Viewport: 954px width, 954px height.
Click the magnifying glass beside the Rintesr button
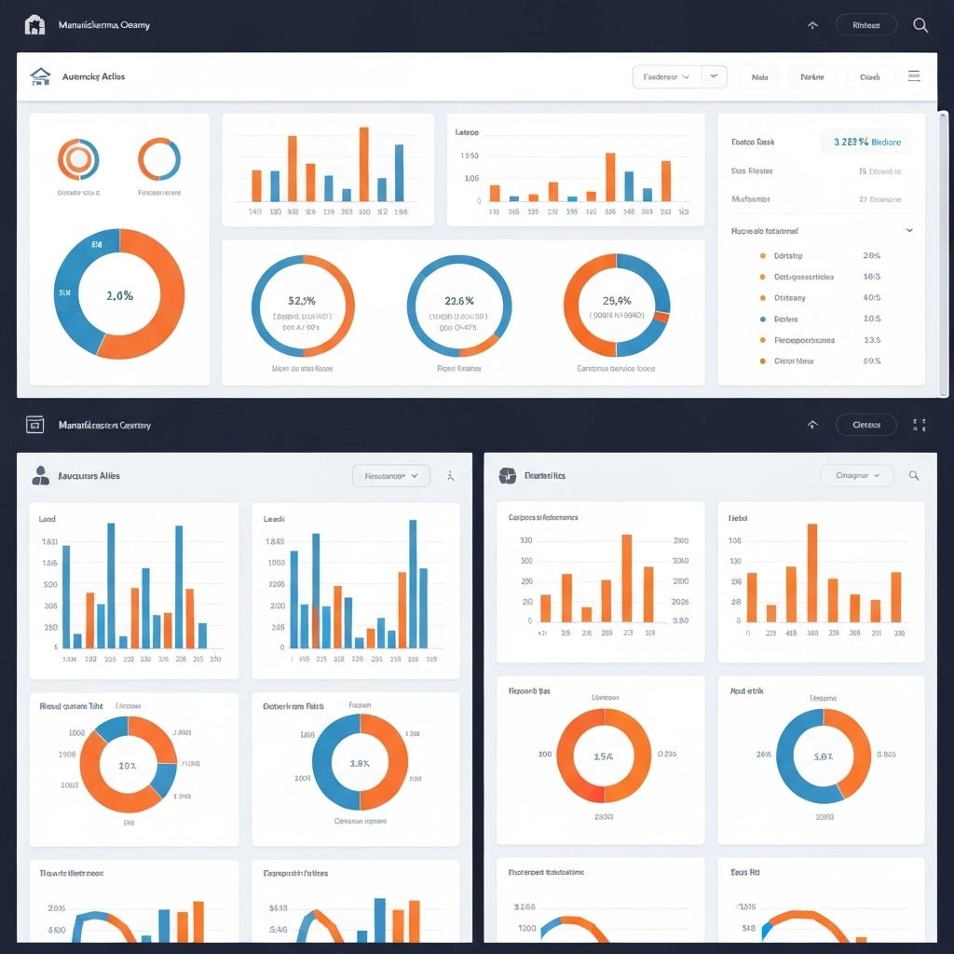(920, 25)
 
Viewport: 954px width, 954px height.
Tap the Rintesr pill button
(865, 25)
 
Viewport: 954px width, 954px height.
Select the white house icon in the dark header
(34, 25)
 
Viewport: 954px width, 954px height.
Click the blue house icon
(39, 76)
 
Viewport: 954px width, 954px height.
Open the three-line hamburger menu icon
(914, 76)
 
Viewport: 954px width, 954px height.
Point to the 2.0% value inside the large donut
(119, 295)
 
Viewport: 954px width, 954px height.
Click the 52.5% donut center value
(303, 301)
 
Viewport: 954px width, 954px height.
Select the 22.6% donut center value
(459, 301)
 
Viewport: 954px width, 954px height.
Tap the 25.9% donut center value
(616, 301)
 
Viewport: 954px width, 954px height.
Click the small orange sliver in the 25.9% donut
(662, 318)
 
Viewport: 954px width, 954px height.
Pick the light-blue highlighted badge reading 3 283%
(866, 142)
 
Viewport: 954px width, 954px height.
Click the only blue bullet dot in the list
(763, 319)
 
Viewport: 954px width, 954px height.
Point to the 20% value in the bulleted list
(872, 255)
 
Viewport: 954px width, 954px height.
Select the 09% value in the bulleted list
(872, 361)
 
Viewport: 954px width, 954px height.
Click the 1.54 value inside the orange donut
(604, 756)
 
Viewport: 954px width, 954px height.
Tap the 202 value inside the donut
(128, 765)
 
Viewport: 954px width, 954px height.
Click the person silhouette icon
(40, 476)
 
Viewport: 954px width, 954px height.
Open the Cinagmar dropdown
(856, 475)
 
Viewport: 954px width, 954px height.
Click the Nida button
(759, 77)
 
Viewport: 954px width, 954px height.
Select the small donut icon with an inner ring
(78, 160)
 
